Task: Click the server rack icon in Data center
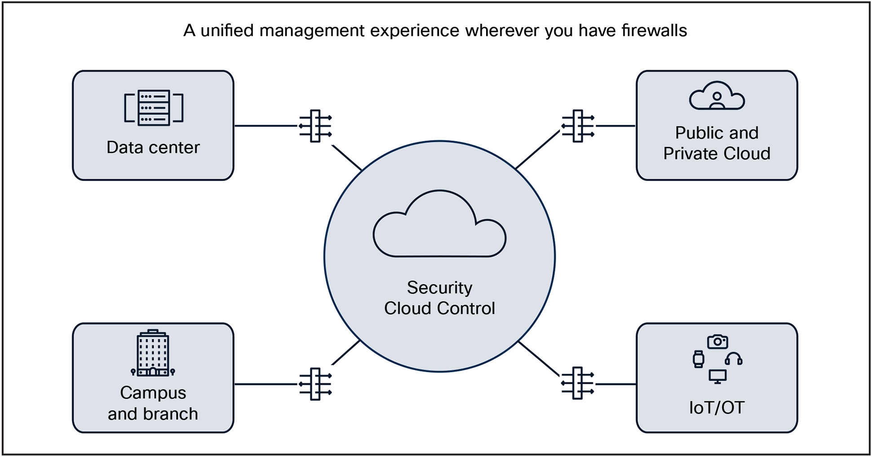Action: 154,108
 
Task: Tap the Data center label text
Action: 153,148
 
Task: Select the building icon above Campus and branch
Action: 153,353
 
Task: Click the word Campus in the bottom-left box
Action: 153,393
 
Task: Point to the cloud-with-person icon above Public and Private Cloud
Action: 717,96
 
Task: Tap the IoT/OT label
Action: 717,408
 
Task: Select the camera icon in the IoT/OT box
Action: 717,342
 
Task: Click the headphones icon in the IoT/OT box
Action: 733,359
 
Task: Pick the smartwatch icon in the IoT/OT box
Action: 698,359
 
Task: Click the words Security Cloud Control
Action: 439,298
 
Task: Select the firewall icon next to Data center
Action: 315,126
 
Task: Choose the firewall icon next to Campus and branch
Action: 315,384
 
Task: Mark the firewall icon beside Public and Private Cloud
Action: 578,126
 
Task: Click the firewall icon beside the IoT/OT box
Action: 578,383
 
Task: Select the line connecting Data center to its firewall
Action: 266,126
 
